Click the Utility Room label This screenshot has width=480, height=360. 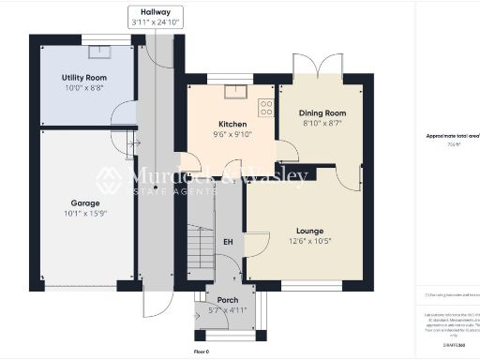(x=84, y=77)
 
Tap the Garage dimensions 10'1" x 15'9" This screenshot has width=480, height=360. (x=84, y=213)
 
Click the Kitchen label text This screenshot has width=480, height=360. (x=232, y=124)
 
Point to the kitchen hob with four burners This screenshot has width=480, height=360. (x=266, y=106)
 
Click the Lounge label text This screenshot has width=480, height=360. (x=309, y=230)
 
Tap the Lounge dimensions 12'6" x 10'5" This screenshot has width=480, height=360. (x=309, y=241)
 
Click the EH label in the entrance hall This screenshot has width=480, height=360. (x=228, y=241)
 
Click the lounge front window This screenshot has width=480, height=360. (x=306, y=285)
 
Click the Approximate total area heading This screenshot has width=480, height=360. (x=453, y=136)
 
